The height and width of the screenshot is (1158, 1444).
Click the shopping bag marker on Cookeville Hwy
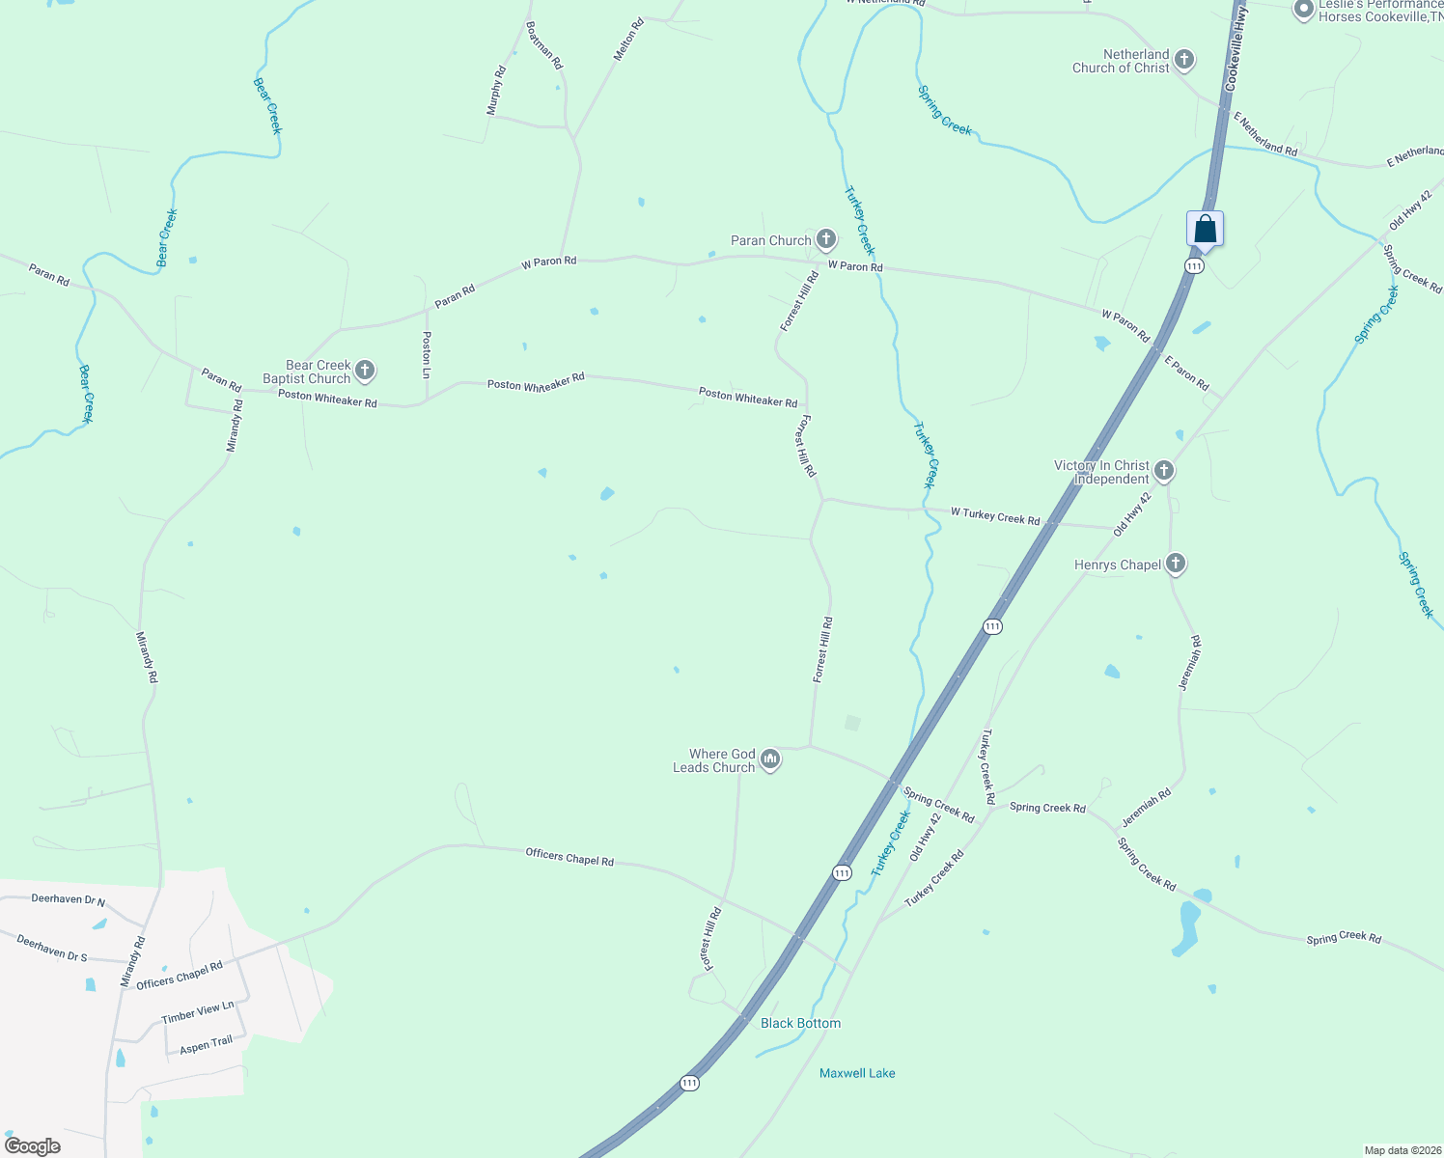1205,230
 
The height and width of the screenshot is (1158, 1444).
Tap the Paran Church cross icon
825,239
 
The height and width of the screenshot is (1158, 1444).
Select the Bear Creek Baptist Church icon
365,370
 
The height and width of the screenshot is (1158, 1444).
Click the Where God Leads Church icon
769,760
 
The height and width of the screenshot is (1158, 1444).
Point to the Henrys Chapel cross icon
1175,564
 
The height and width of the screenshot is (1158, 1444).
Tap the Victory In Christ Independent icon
1164,471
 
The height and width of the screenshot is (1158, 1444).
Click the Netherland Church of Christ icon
1184,60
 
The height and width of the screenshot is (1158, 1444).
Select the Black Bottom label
800,1023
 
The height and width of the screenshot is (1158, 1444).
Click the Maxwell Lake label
857,1073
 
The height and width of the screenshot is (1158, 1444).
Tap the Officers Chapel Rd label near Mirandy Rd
180,975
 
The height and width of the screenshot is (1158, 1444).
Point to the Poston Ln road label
427,354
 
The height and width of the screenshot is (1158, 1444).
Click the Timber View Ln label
198,1012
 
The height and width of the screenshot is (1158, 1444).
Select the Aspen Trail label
207,1044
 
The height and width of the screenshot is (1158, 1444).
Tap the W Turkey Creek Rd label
995,516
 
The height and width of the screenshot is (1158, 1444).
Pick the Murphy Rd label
496,91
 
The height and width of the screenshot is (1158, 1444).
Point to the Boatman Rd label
544,45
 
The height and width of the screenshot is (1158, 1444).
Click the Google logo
33,1146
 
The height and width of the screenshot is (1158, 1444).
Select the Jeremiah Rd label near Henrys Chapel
1190,662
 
